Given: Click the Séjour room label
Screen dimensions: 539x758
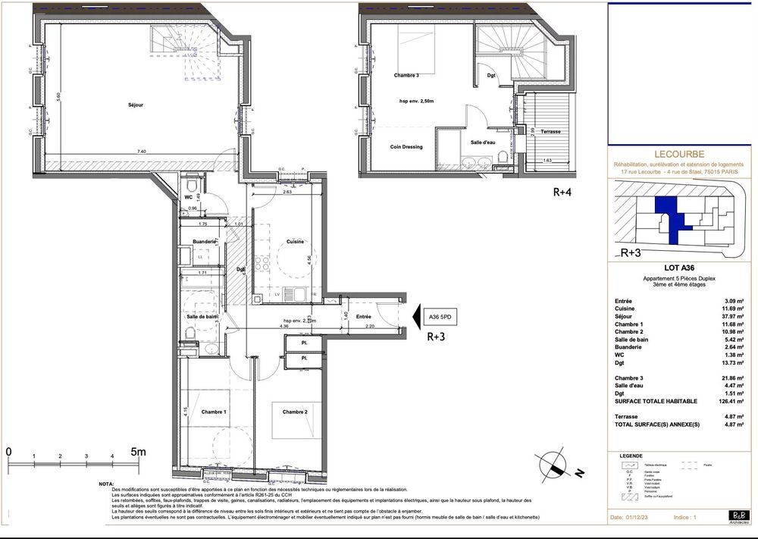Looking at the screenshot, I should click(x=136, y=105).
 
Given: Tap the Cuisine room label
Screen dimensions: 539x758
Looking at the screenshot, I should click(x=295, y=242).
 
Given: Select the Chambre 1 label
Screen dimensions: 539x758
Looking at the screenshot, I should click(x=213, y=412).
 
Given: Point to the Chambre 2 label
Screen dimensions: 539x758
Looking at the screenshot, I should click(x=295, y=412).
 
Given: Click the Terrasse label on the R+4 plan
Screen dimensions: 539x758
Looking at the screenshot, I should click(x=550, y=131).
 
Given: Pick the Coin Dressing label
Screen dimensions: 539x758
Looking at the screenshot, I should click(x=406, y=146).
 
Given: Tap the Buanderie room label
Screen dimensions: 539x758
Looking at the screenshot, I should click(x=205, y=242).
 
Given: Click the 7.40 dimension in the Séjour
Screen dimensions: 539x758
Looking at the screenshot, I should click(x=141, y=152).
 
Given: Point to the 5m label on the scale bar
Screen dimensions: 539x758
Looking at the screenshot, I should click(x=138, y=451).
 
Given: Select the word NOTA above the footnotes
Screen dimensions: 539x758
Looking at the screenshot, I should click(x=107, y=484).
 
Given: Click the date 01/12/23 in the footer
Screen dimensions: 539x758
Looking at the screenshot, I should click(x=639, y=518).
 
